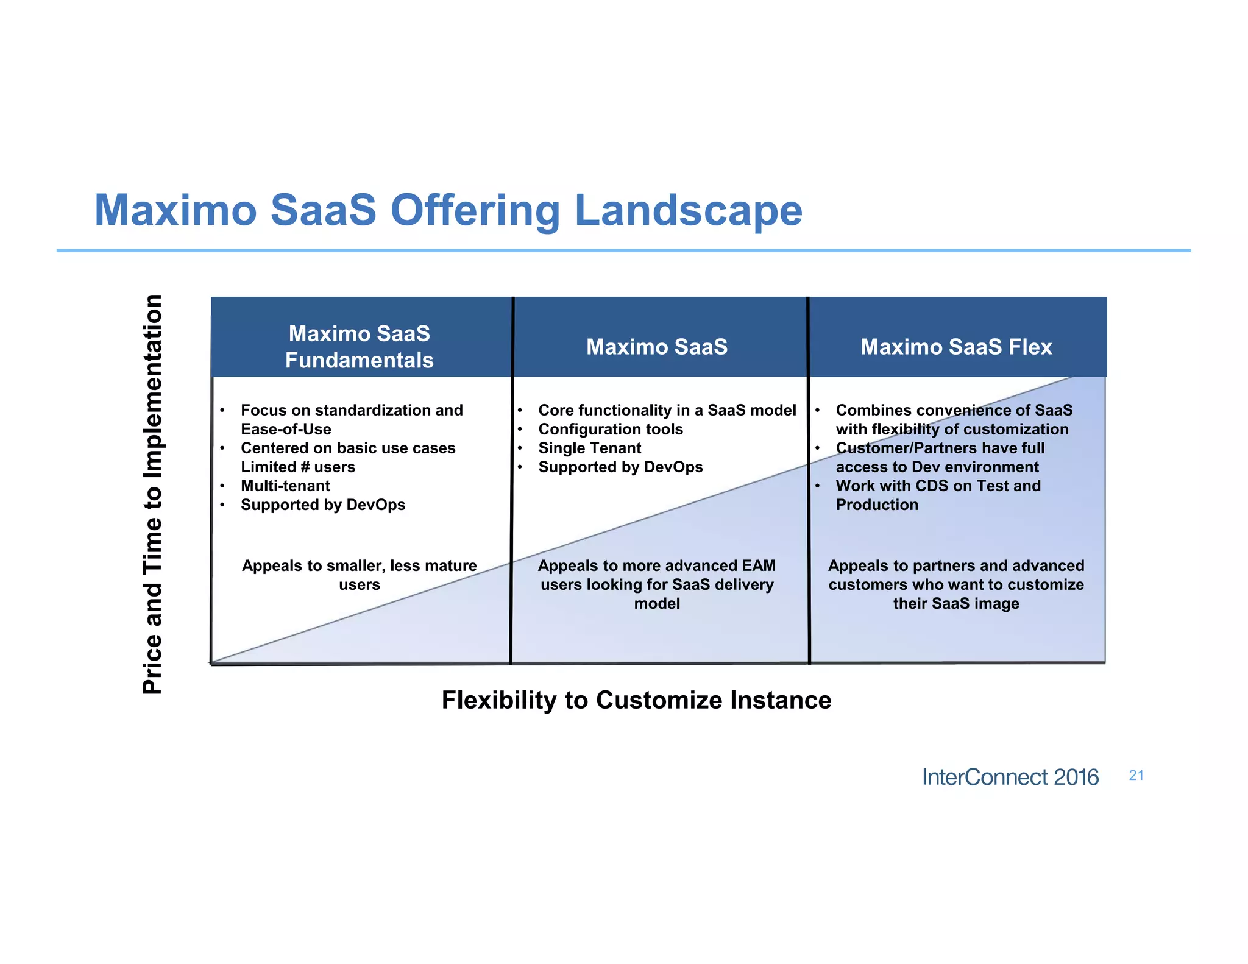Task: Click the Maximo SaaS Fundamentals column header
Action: click(x=359, y=347)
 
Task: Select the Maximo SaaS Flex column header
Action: click(x=955, y=347)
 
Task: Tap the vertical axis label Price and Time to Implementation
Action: click(x=152, y=494)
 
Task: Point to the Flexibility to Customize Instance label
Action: click(x=636, y=700)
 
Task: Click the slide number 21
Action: click(x=1136, y=775)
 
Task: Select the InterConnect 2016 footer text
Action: click(x=1010, y=777)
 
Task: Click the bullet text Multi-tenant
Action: click(x=285, y=486)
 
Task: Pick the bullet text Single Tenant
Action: click(x=589, y=448)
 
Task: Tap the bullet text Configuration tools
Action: click(x=610, y=429)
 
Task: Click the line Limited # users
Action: click(x=297, y=467)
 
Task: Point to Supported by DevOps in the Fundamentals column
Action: click(x=322, y=505)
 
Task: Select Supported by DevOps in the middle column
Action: click(x=620, y=467)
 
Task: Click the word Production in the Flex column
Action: click(x=876, y=505)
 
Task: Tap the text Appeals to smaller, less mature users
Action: click(x=359, y=575)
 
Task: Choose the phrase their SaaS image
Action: click(x=955, y=603)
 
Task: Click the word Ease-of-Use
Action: click(x=286, y=429)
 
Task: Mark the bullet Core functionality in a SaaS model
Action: click(x=667, y=410)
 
